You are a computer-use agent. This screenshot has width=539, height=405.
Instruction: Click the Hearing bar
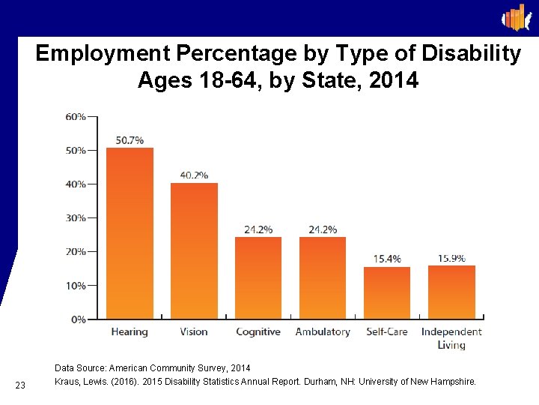click(x=130, y=232)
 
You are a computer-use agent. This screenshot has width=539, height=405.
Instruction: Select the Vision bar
click(x=194, y=250)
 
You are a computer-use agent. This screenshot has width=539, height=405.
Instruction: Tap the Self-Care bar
click(x=387, y=292)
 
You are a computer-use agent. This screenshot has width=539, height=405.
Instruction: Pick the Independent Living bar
click(x=451, y=292)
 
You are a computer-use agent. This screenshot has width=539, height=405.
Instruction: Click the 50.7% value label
click(x=130, y=140)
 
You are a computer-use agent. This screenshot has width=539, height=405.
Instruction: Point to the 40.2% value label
click(x=194, y=175)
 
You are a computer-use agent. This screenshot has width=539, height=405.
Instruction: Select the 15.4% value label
click(x=387, y=259)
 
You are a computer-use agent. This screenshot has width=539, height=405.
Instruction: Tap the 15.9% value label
click(x=451, y=258)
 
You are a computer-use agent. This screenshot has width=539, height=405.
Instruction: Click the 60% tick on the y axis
click(x=75, y=116)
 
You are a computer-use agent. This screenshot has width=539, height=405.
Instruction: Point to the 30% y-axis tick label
click(x=75, y=218)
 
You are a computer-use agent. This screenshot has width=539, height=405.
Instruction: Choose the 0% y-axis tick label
click(x=78, y=319)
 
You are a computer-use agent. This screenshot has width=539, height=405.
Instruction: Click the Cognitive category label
click(x=258, y=331)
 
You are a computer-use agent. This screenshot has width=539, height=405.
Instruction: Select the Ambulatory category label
click(x=323, y=331)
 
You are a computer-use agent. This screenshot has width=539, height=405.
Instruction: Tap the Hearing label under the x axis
click(x=130, y=331)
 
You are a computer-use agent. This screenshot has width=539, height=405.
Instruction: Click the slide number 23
click(x=20, y=385)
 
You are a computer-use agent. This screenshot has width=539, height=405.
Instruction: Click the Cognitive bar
click(x=258, y=277)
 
